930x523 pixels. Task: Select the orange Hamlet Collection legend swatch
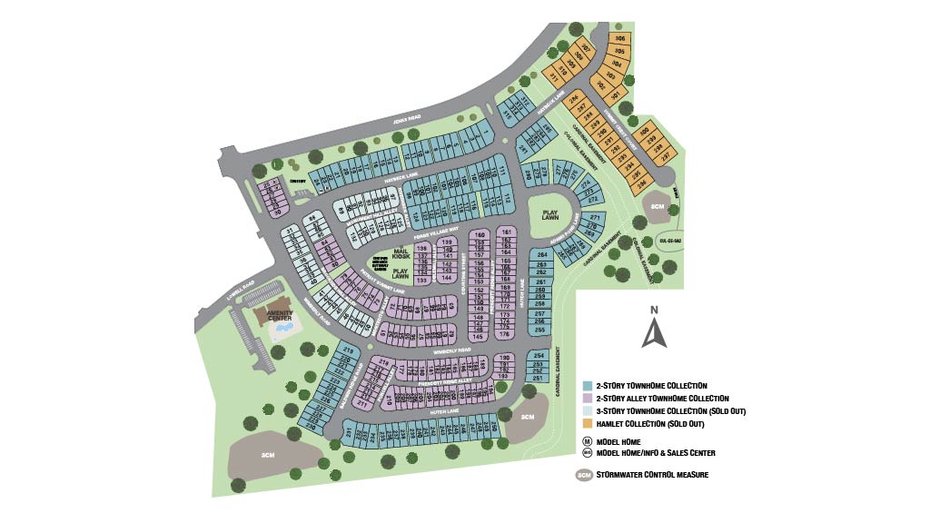(x=588, y=423)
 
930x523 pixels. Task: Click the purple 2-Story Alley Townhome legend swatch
(x=588, y=398)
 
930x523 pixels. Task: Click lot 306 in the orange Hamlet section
(x=620, y=39)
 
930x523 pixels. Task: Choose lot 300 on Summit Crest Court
(x=644, y=133)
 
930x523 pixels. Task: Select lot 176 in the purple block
(x=505, y=335)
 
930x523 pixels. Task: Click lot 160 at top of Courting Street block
(x=480, y=233)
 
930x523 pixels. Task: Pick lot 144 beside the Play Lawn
(x=446, y=278)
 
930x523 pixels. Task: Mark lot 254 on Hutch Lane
(x=539, y=355)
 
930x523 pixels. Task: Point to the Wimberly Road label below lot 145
(x=451, y=349)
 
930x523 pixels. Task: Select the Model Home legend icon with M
(x=588, y=441)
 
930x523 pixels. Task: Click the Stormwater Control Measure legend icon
(x=584, y=475)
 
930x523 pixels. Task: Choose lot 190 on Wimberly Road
(x=505, y=358)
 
